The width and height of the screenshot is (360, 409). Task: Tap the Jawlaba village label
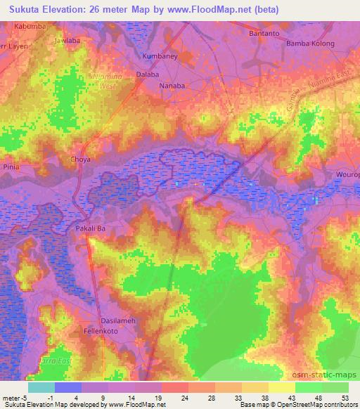coord(68,41)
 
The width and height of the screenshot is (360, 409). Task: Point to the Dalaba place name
coord(147,73)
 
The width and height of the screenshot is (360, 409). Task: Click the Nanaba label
coord(172,86)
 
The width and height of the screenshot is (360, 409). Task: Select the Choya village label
coord(81,160)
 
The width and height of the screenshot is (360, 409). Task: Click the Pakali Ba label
coord(90,228)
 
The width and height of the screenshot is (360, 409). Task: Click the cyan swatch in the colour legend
coord(41,387)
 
